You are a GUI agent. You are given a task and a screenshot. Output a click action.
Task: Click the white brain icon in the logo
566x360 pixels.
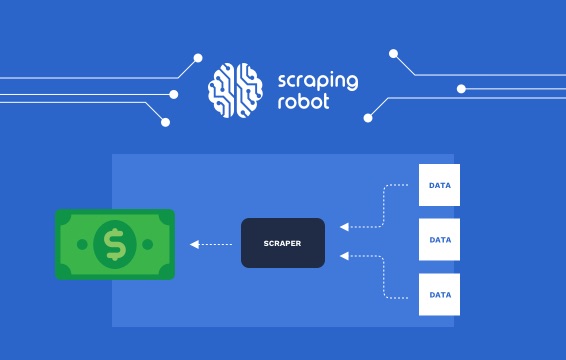pos(235,91)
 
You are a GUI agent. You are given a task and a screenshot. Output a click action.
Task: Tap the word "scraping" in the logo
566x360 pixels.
pos(315,81)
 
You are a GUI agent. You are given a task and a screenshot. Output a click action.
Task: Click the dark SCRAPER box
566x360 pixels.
pos(283,243)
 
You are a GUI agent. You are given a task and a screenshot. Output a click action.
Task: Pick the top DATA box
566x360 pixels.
pos(439,185)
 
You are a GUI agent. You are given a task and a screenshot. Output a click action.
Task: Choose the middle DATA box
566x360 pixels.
pos(439,240)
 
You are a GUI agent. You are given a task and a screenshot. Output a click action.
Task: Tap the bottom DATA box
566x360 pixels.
pos(439,295)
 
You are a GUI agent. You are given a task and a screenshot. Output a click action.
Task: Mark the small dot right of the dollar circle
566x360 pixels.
pos(148,243)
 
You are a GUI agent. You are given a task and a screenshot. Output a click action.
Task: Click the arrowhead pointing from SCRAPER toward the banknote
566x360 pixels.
pos(194,243)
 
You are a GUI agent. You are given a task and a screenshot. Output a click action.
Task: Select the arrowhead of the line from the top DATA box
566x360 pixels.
pos(343,227)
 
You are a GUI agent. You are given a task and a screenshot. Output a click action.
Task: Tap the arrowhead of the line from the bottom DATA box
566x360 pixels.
pos(343,257)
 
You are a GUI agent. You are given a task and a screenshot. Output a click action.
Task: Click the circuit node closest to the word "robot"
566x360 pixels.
pos(368,117)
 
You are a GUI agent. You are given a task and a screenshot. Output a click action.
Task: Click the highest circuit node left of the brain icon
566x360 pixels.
pos(198,58)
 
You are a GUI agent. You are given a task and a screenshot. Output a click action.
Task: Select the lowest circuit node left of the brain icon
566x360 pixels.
pos(165,122)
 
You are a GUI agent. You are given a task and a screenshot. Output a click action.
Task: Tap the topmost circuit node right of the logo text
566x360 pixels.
pos(393,53)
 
